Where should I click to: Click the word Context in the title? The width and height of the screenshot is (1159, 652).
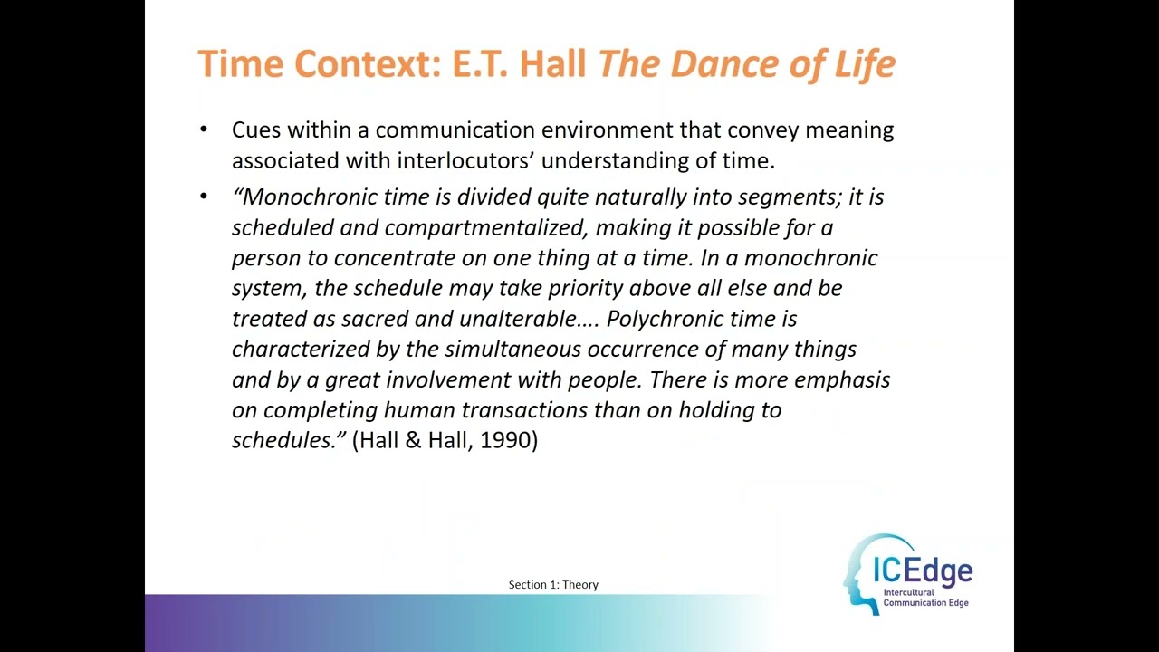point(351,63)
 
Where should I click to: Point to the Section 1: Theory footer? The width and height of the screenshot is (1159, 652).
point(553,585)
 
